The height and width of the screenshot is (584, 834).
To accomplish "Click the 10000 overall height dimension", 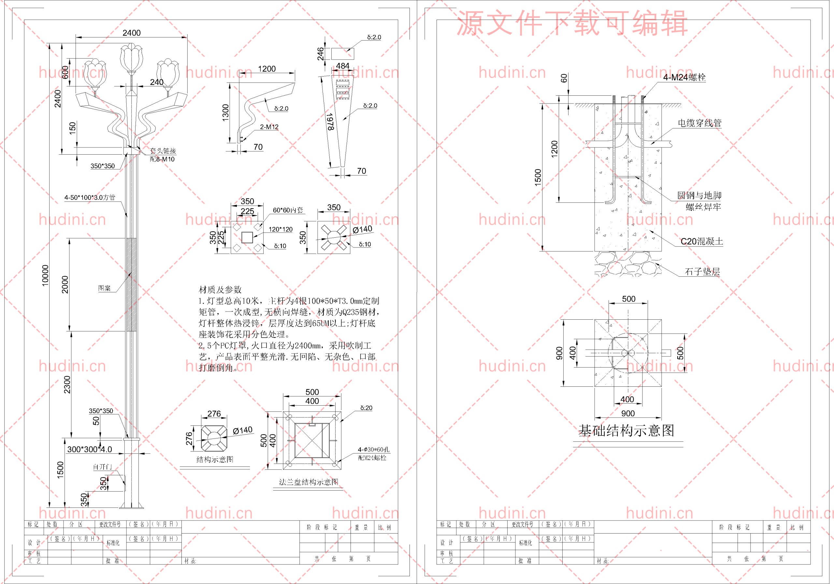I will pos(45,275).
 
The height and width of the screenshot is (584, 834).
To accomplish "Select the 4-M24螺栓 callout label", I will pos(684,77).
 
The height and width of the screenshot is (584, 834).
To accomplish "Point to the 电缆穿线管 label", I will pos(699,123).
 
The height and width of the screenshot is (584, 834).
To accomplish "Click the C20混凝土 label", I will pos(701,241).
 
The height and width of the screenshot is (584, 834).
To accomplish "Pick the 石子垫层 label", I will pos(702,271).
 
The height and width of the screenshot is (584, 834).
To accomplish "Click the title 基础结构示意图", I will pos(626,430).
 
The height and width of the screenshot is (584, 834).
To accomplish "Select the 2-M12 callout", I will pos(269,127).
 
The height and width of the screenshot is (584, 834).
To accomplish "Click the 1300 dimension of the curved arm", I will pos(225,113).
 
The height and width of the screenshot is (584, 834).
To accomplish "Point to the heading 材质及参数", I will pos(220,290).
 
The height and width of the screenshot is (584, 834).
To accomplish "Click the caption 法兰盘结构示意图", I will pos(309,482).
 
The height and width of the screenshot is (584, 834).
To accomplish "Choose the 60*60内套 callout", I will pos(288,210).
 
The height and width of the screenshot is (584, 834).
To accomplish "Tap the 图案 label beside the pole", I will pos(104,288).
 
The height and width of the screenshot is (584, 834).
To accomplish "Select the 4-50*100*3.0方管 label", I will pos(90,198).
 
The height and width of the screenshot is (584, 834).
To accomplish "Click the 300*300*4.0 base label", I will pos(90,449).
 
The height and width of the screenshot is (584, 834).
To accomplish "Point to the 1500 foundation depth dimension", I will pos(538,177).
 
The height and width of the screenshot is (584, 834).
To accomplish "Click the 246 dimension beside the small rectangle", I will pos(320,54).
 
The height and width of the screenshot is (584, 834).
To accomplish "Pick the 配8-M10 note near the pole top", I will pos(162,159).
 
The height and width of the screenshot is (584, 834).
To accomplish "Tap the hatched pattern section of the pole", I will pos(131,285).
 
